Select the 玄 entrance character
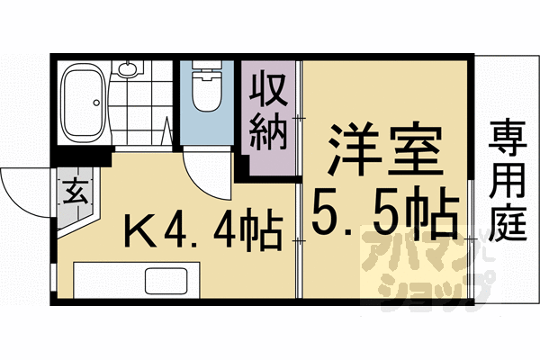pos(74,191)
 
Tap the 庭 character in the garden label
pos(508,221)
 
